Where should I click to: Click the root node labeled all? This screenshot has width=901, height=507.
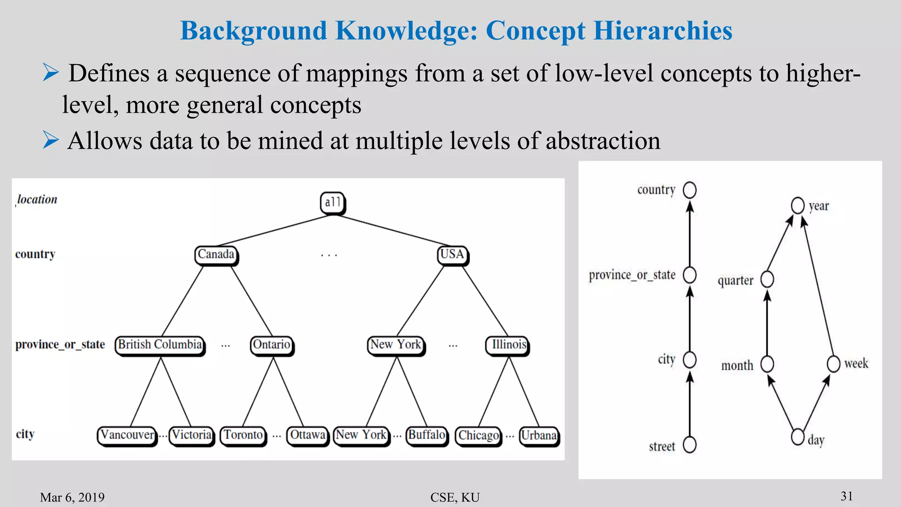click(333, 203)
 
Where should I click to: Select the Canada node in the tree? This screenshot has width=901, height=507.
click(216, 255)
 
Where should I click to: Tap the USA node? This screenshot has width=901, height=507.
click(452, 255)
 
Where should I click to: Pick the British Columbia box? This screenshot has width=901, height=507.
click(160, 345)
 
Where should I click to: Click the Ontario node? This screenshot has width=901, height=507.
click(271, 345)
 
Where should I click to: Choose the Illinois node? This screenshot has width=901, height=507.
click(509, 345)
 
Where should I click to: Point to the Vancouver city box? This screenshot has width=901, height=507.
click(127, 435)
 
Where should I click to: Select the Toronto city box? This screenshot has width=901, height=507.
click(243, 435)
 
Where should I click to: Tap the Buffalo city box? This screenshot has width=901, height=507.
click(427, 435)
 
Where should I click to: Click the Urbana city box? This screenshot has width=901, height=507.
click(539, 436)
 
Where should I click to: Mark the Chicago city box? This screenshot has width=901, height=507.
click(479, 436)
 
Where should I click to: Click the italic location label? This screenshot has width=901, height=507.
click(37, 200)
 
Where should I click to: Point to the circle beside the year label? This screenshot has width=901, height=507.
click(798, 206)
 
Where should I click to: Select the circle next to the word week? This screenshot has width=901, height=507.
click(833, 364)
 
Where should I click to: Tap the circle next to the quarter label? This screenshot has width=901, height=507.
click(767, 279)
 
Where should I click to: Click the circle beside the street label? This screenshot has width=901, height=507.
click(689, 445)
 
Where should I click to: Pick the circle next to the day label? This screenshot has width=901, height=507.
click(798, 437)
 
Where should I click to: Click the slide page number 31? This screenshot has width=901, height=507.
click(847, 496)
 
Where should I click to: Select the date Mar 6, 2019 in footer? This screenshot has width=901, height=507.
click(72, 497)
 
